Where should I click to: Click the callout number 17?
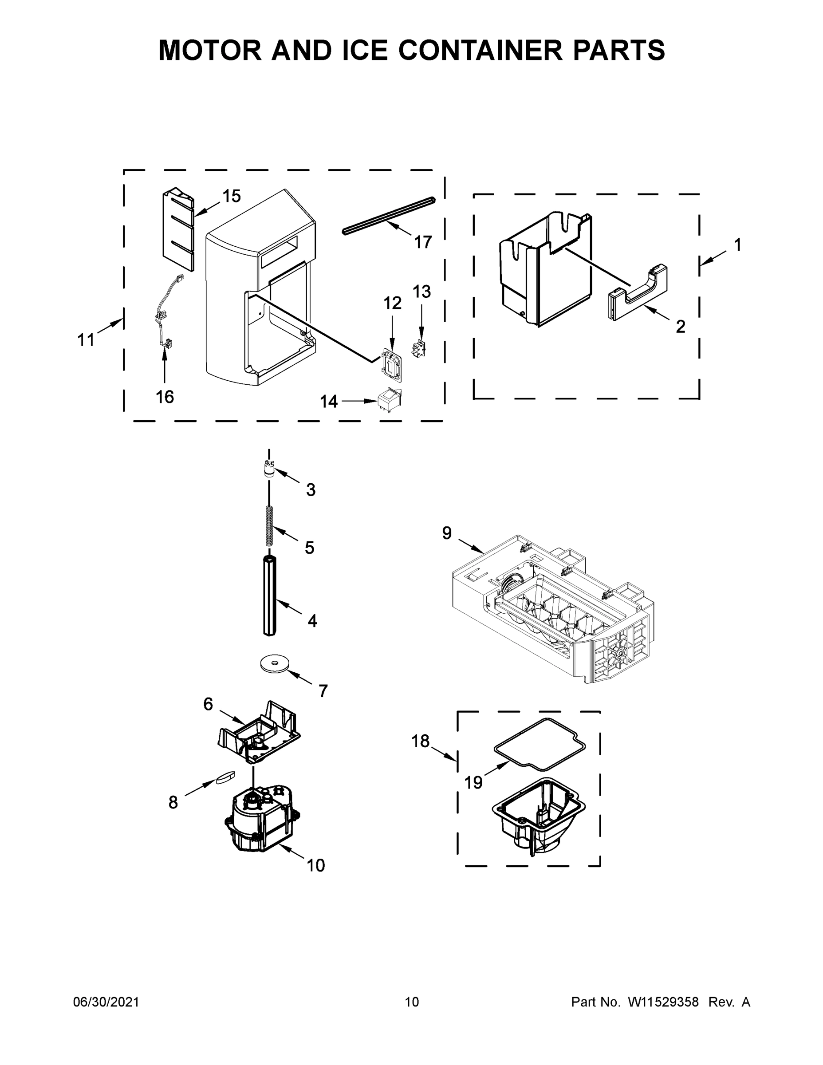tap(423, 242)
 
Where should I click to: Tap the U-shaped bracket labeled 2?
tap(638, 295)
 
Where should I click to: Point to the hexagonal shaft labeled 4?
tap(270, 596)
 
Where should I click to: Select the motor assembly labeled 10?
tap(262, 820)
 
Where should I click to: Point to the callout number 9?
tap(447, 533)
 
